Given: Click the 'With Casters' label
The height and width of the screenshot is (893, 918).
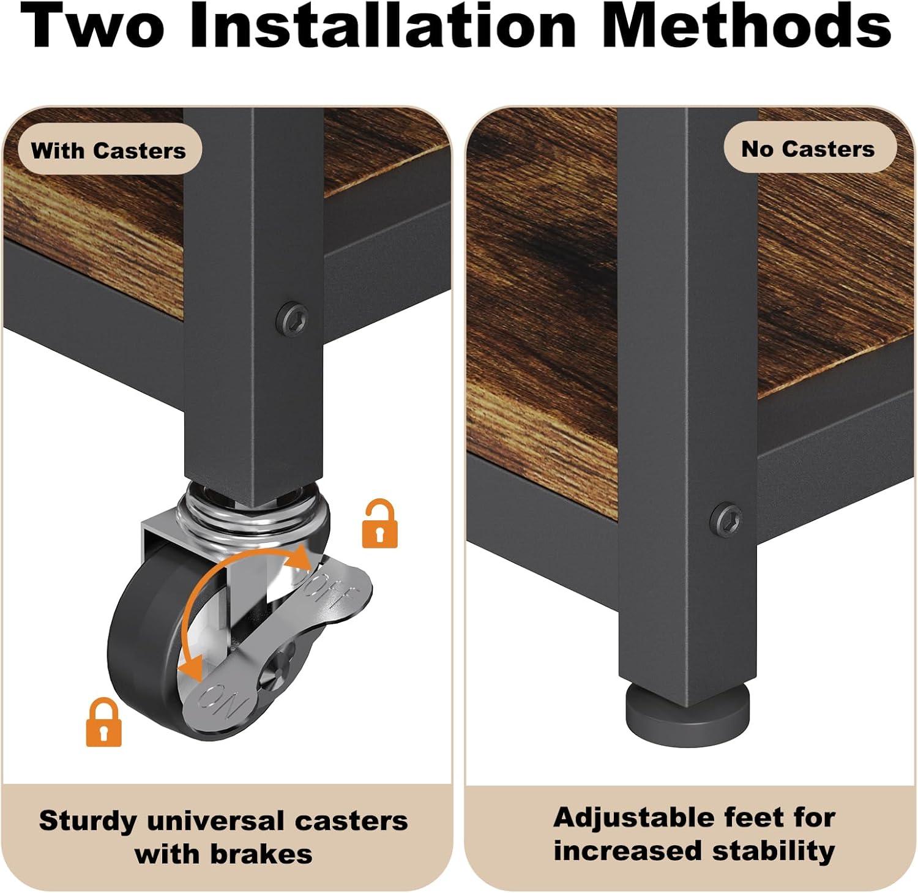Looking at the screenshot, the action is click(108, 150).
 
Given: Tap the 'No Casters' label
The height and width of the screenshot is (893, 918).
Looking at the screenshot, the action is click(808, 149).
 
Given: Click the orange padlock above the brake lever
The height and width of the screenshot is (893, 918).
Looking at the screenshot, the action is click(379, 523).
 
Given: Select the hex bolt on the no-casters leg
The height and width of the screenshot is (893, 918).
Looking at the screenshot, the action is click(728, 518).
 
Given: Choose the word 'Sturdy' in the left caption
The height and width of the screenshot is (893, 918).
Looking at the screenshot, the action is click(88, 821).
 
